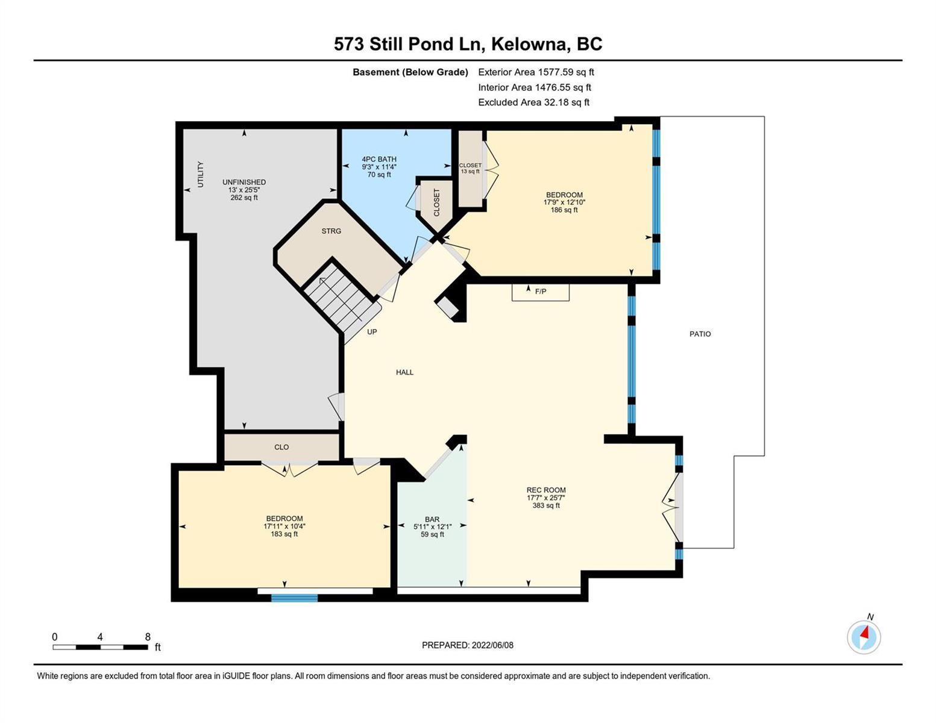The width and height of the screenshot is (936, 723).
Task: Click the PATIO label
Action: (700, 334)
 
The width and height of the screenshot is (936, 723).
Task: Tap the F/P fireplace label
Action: (541, 292)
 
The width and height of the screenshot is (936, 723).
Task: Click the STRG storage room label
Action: (331, 231)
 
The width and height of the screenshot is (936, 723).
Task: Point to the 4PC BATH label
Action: (379, 159)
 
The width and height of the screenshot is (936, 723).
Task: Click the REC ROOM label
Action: (546, 490)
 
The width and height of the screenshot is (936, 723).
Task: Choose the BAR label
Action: (432, 520)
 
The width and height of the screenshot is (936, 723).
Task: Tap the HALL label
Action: (404, 372)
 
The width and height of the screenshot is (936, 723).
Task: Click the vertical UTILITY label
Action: (200, 174)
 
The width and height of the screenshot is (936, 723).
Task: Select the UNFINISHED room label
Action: (244, 182)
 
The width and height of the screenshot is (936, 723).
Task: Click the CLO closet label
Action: (281, 448)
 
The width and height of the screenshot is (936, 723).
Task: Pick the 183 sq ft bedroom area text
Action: (284, 534)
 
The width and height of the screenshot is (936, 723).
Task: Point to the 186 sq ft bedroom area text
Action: (564, 210)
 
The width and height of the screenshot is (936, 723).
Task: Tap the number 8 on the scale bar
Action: (148, 637)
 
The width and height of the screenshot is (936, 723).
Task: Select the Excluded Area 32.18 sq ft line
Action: (533, 102)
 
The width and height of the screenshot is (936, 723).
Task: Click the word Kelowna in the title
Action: (529, 44)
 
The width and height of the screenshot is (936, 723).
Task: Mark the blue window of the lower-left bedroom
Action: (295, 598)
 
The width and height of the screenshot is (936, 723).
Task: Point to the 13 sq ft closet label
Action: (470, 171)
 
